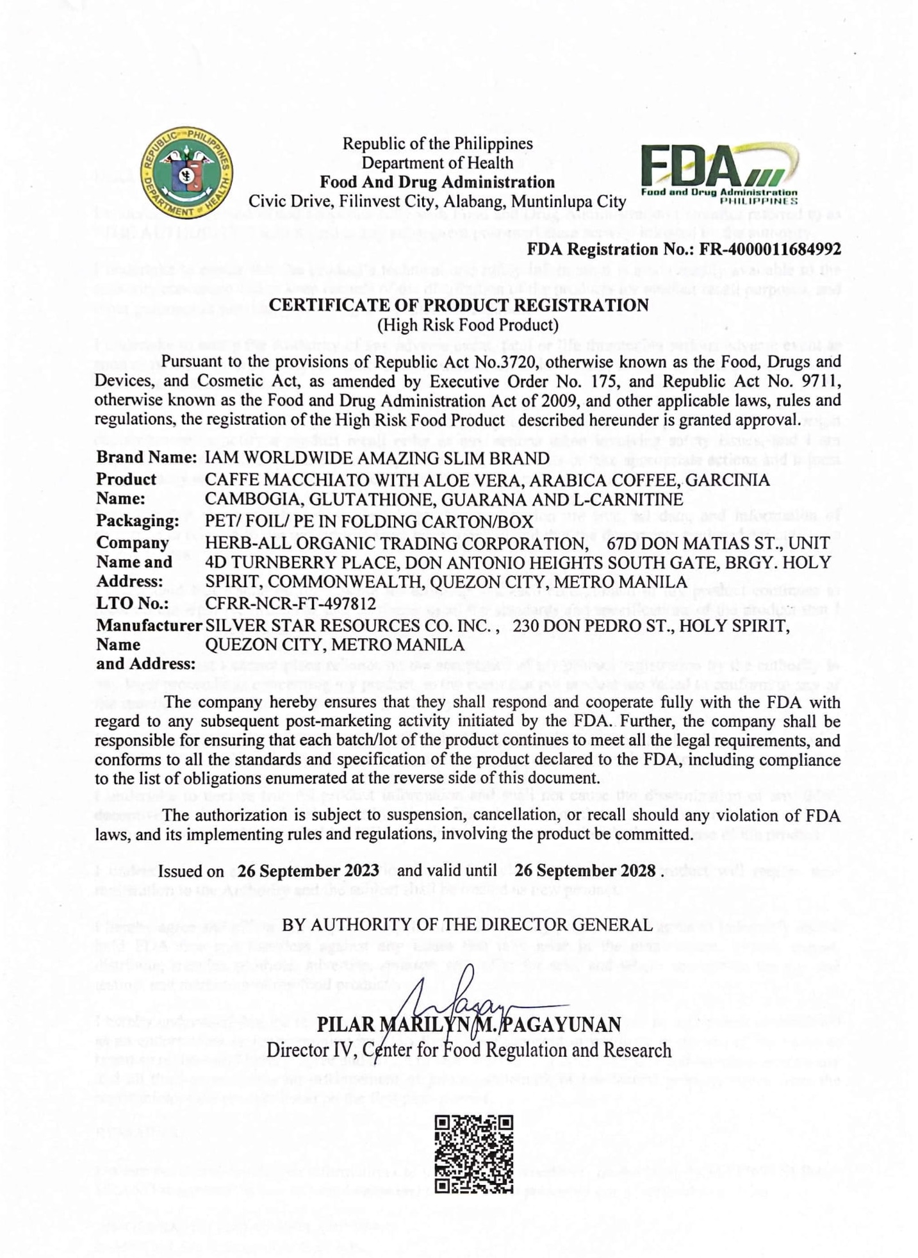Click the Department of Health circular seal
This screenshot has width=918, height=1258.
pyautogui.click(x=186, y=173)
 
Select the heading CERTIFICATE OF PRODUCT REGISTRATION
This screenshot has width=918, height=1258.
pyautogui.click(x=459, y=305)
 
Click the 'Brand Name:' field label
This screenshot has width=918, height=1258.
pyautogui.click(x=146, y=458)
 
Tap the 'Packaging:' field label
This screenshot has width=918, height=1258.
pyautogui.click(x=137, y=520)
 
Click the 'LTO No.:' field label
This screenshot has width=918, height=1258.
pyautogui.click(x=132, y=604)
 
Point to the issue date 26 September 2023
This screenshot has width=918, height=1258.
pyautogui.click(x=308, y=871)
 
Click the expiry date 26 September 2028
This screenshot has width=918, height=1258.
pyautogui.click(x=585, y=871)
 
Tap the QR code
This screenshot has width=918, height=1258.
pyautogui.click(x=474, y=1154)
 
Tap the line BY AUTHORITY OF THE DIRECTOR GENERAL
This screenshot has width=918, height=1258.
pyautogui.click(x=467, y=924)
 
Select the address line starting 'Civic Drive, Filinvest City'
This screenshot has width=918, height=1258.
pyautogui.click(x=437, y=202)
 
